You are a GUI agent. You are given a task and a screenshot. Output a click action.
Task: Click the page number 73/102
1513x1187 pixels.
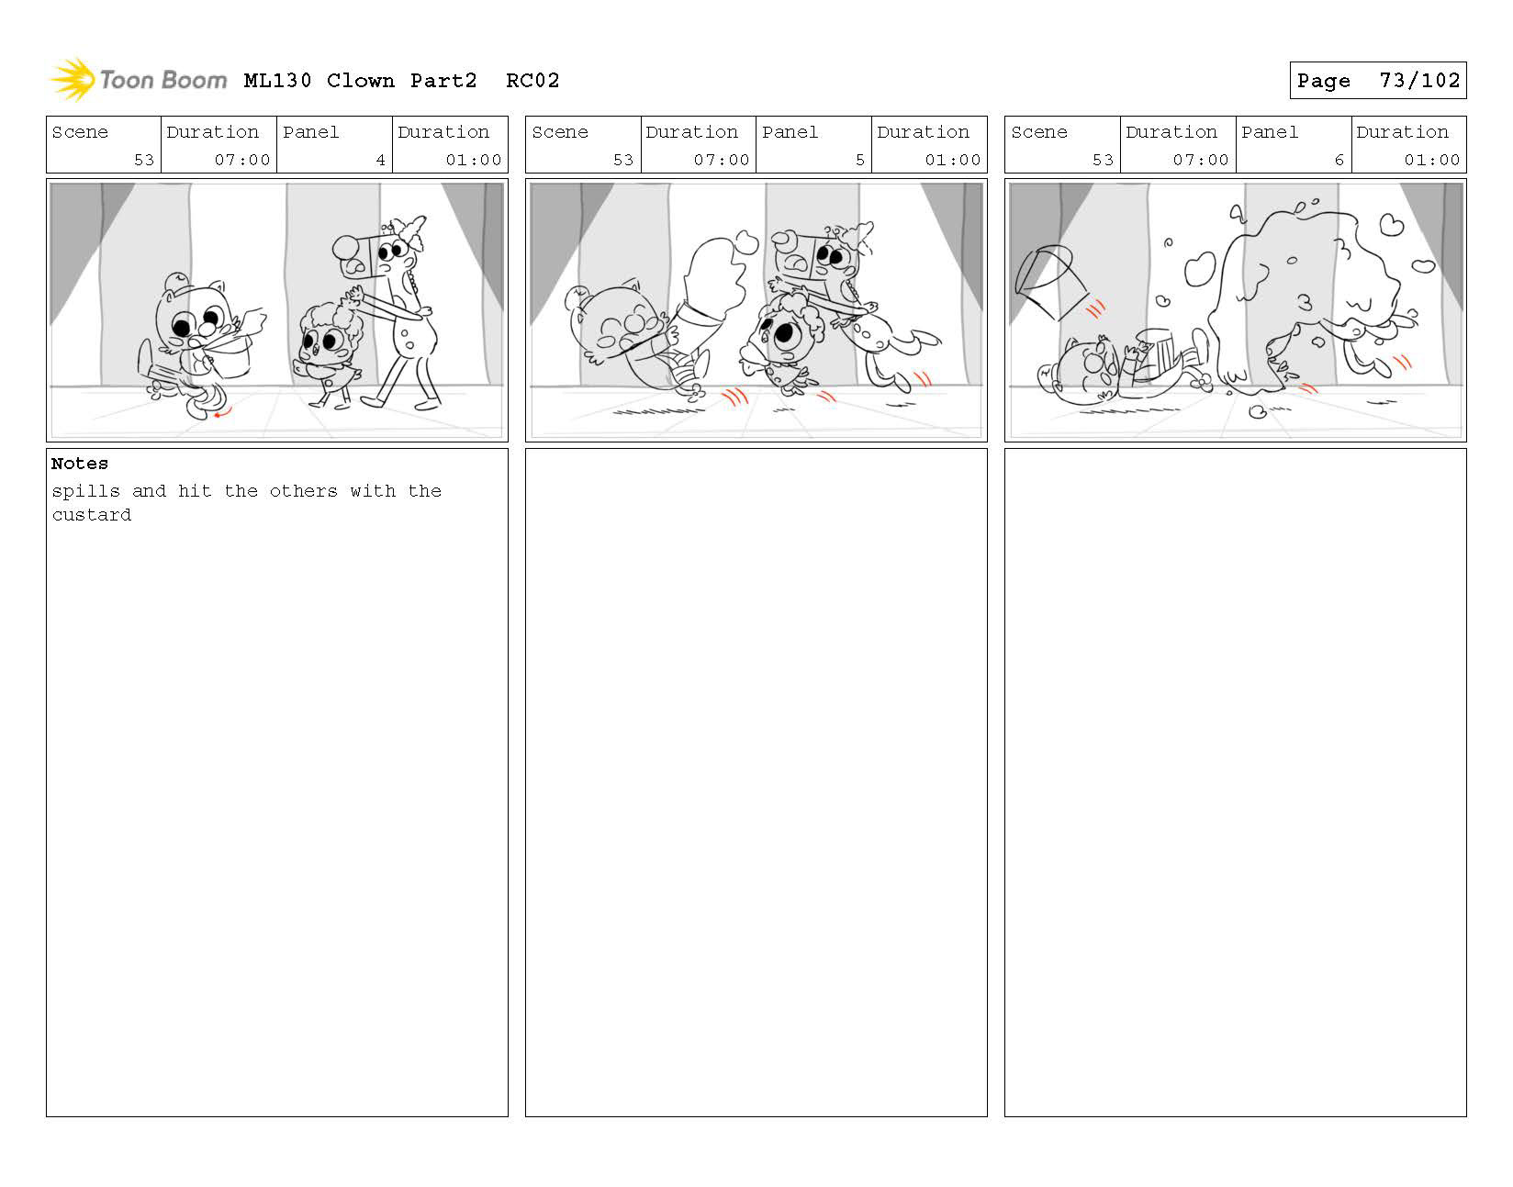coord(1419,81)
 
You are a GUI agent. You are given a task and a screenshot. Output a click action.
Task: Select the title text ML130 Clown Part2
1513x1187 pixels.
coord(360,81)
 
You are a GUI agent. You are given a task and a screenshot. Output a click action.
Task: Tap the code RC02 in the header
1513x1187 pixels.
coord(532,81)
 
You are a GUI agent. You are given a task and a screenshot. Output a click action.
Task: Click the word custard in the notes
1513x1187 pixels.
coord(92,514)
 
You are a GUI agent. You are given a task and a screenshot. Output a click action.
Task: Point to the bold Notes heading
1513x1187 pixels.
coord(79,464)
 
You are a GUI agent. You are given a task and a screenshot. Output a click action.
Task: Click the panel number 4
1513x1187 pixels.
coord(380,160)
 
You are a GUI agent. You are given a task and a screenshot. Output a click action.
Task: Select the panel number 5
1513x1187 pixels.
coord(860,160)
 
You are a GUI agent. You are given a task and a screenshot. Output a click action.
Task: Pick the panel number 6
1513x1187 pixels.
coord(1339,160)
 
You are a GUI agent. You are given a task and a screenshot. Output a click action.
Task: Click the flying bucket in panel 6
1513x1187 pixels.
coord(1050,282)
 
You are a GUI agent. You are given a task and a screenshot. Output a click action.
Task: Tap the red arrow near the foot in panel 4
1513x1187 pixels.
coord(222,413)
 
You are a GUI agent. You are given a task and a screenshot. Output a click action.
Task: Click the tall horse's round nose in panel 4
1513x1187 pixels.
coord(345,247)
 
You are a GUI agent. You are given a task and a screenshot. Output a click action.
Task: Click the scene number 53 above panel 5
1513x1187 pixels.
coord(623,160)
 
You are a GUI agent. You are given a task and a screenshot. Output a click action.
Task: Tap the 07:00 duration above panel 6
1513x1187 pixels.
coord(1200,160)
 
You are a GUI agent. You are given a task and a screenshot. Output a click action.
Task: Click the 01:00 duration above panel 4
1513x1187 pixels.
coord(474,160)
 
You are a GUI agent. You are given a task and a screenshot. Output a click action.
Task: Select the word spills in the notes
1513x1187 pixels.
coord(85,491)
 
